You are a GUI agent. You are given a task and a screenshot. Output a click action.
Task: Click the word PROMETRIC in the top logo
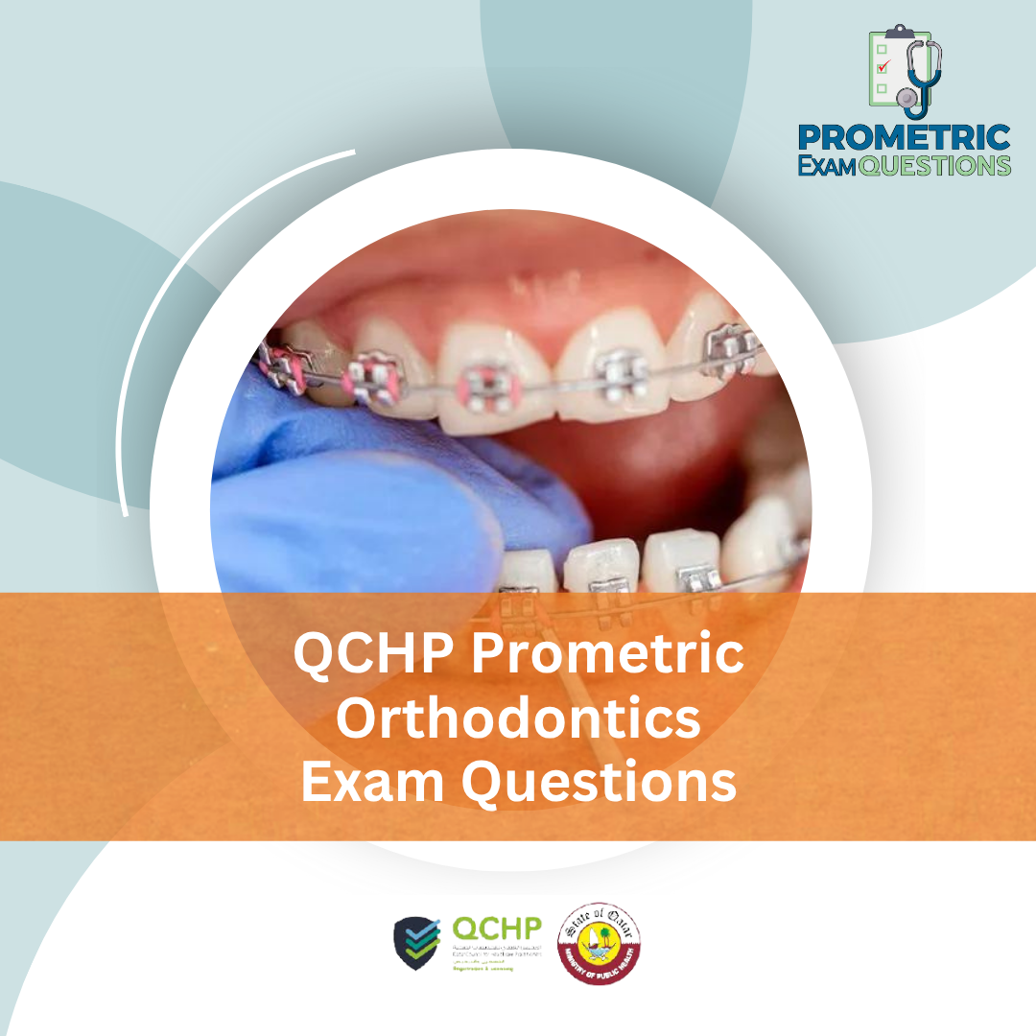point(905,137)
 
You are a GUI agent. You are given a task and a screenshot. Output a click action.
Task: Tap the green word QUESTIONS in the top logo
point(934,165)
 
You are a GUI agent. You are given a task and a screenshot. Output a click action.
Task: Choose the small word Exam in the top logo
point(827,165)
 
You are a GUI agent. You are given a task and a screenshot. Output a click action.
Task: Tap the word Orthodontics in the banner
point(518,718)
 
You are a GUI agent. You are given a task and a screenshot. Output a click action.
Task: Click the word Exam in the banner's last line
point(375,782)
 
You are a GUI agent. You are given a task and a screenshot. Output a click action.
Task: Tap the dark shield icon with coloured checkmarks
point(417,943)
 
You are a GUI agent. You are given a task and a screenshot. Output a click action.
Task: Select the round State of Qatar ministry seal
point(600,942)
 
